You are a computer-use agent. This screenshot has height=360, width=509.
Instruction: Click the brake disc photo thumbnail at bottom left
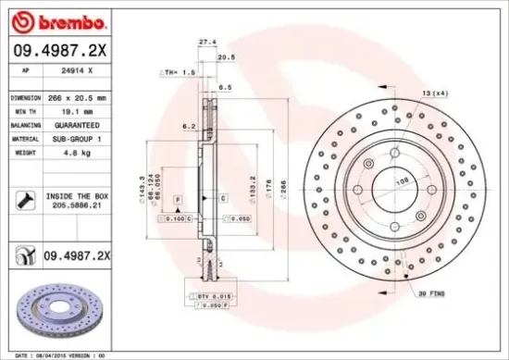click(x=61, y=309)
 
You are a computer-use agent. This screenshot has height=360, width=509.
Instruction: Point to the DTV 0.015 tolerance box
click(x=215, y=294)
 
